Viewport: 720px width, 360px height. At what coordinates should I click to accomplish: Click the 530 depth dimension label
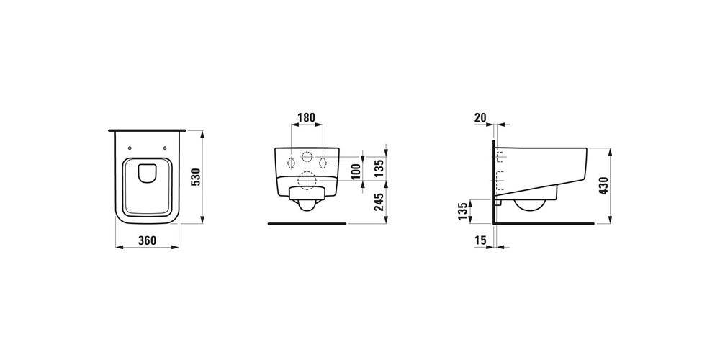195,177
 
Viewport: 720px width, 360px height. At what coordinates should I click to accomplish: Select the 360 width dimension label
148,240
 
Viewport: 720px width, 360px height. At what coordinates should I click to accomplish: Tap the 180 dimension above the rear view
306,117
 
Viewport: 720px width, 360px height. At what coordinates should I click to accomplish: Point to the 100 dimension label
355,172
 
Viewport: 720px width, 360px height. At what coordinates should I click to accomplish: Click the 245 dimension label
379,202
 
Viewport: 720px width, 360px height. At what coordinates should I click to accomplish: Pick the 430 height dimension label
604,186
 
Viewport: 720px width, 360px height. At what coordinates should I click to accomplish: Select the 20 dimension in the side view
480,117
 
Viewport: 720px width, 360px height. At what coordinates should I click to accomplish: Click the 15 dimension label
480,240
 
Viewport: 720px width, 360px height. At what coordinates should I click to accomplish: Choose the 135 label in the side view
464,211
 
